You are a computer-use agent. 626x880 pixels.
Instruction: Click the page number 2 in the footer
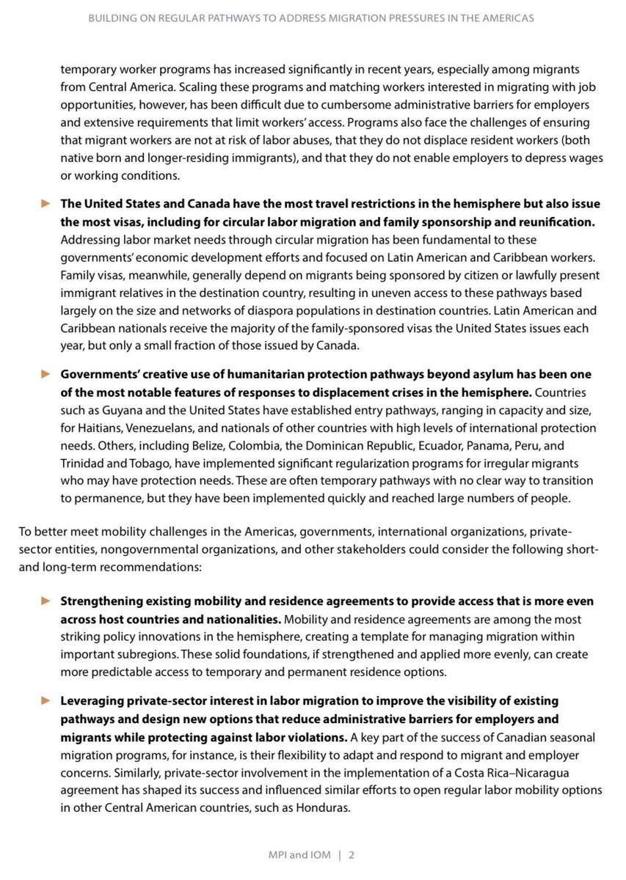pos(352,854)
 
